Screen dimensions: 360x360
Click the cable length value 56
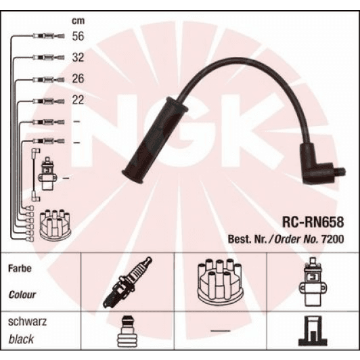click(78, 37)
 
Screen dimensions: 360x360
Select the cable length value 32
click(78, 58)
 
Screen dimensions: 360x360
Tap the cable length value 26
click(78, 79)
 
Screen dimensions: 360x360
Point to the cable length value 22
click(78, 100)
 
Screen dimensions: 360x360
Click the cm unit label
click(78, 20)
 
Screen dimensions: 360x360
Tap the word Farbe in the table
click(20, 268)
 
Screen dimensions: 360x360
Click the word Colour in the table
click(22, 295)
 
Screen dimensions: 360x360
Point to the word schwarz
click(25, 322)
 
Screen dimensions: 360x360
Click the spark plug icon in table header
click(127, 282)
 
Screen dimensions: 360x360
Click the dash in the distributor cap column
click(221, 330)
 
